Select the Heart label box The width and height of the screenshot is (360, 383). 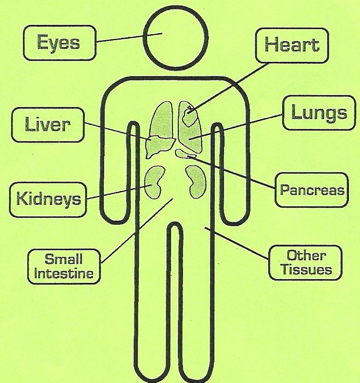[x=291, y=45]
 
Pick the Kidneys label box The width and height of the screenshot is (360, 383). [x=48, y=199]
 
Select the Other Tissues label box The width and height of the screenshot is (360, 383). [x=306, y=262]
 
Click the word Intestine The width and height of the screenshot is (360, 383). [x=64, y=273]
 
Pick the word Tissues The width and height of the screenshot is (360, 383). [x=306, y=269]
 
